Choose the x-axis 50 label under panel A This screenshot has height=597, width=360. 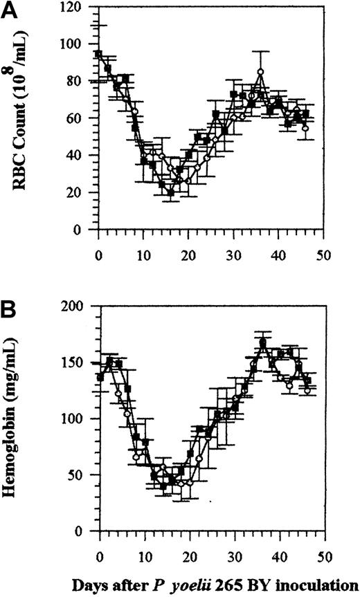coord(324,244)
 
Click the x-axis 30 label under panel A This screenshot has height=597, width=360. coord(234,244)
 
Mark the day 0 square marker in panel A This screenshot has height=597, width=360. coord(99,53)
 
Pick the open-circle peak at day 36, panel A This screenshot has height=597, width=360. coord(260,71)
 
